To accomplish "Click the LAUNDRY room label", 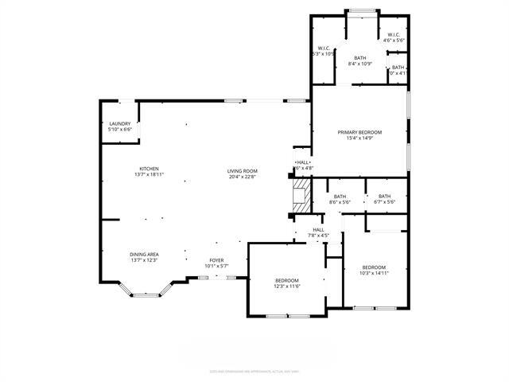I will click(119, 123).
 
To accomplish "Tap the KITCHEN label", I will click(150, 169).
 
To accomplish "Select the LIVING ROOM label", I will click(243, 170).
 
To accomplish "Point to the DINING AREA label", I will click(144, 254).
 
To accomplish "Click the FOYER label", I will click(216, 259).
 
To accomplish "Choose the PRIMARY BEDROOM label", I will click(359, 132).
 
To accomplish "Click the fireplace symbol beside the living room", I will click(300, 195).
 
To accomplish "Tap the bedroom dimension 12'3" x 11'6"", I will click(287, 286).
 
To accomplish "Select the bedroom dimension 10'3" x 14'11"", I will click(374, 273).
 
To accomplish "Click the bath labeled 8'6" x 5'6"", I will click(340, 202).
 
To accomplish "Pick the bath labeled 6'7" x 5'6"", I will click(384, 202).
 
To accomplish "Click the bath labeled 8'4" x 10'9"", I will click(360, 64).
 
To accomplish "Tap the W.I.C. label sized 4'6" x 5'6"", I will click(394, 41).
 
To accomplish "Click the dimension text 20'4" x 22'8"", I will click(243, 177).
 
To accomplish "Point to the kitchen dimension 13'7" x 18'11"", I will click(150, 175).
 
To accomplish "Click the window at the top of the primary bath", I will click(360, 10).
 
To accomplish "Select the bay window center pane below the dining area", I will click(145, 295).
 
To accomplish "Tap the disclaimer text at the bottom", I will click(254, 371).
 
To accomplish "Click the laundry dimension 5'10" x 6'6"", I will click(119, 130).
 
